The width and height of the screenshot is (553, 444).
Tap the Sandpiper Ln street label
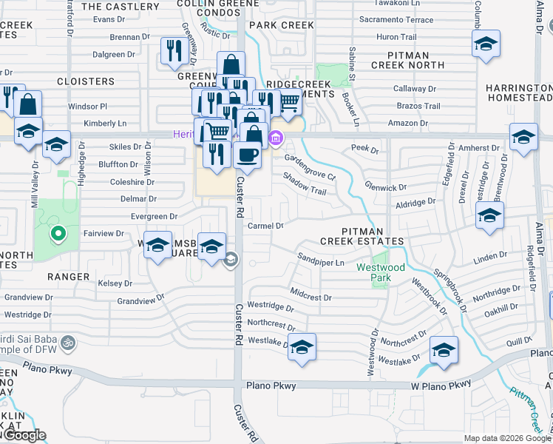point(322,263)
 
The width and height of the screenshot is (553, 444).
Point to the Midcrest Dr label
point(311,297)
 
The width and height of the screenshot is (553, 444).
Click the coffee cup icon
point(246,155)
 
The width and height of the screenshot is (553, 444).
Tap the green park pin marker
point(57,235)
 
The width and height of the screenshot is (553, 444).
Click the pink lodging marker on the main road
point(276,137)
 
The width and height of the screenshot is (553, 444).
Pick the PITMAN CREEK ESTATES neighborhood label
point(362,236)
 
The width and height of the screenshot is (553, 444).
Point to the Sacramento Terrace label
point(395,20)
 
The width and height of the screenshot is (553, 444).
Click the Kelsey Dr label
point(115,283)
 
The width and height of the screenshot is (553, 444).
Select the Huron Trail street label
point(398,36)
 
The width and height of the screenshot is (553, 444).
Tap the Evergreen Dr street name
point(154,216)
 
